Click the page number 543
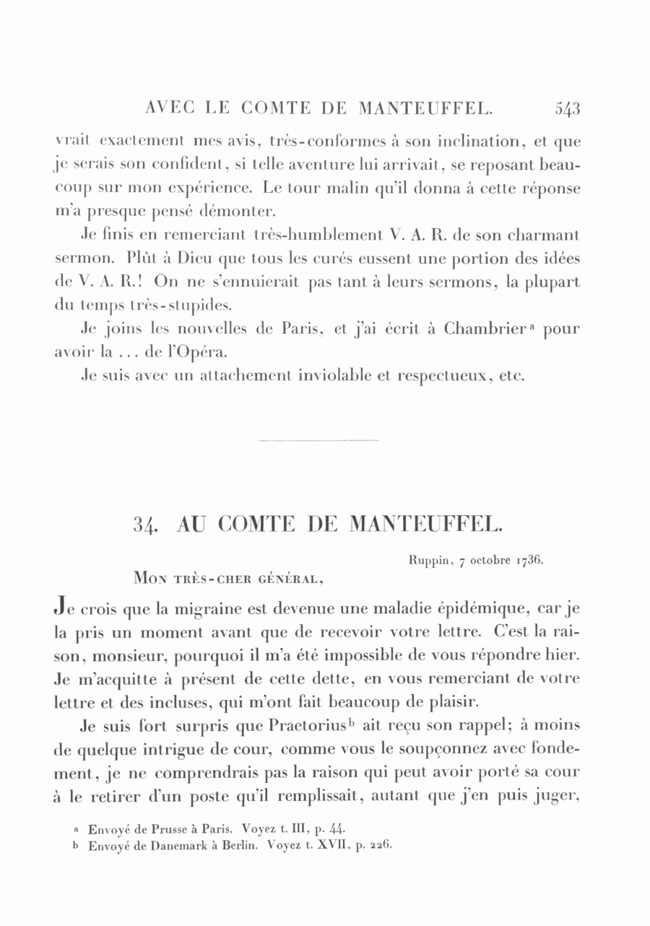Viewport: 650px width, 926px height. point(568,109)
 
